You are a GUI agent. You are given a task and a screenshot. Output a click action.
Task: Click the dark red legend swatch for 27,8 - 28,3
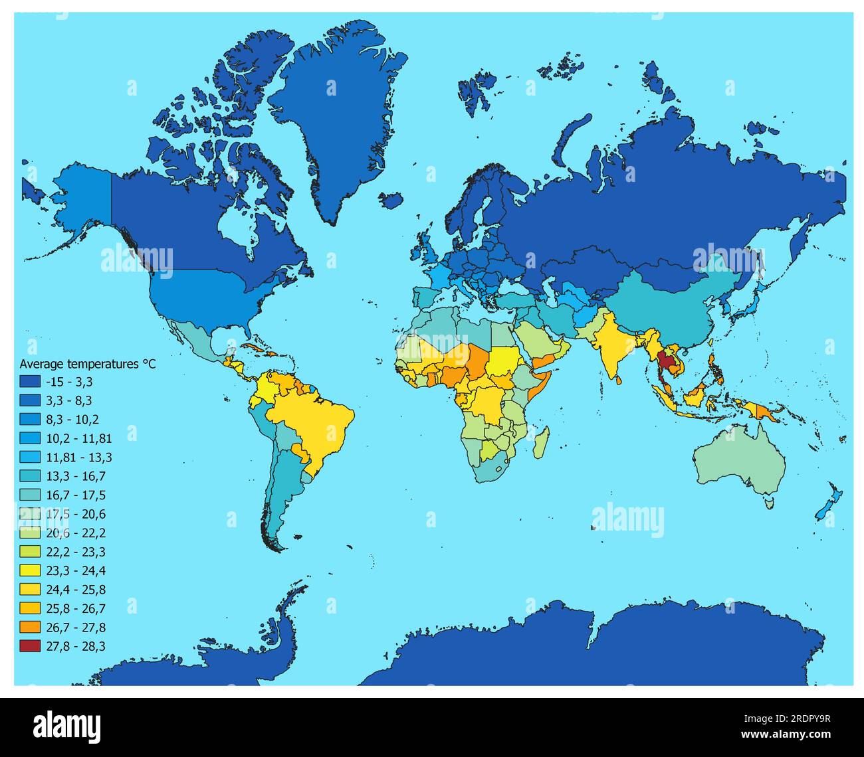(29, 646)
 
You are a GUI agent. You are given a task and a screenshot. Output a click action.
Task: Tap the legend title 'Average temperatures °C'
(87, 364)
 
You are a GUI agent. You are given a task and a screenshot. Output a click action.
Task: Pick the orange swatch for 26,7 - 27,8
(29, 628)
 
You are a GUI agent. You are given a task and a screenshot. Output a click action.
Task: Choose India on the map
(615, 345)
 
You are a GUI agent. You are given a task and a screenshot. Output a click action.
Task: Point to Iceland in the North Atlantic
(393, 199)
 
